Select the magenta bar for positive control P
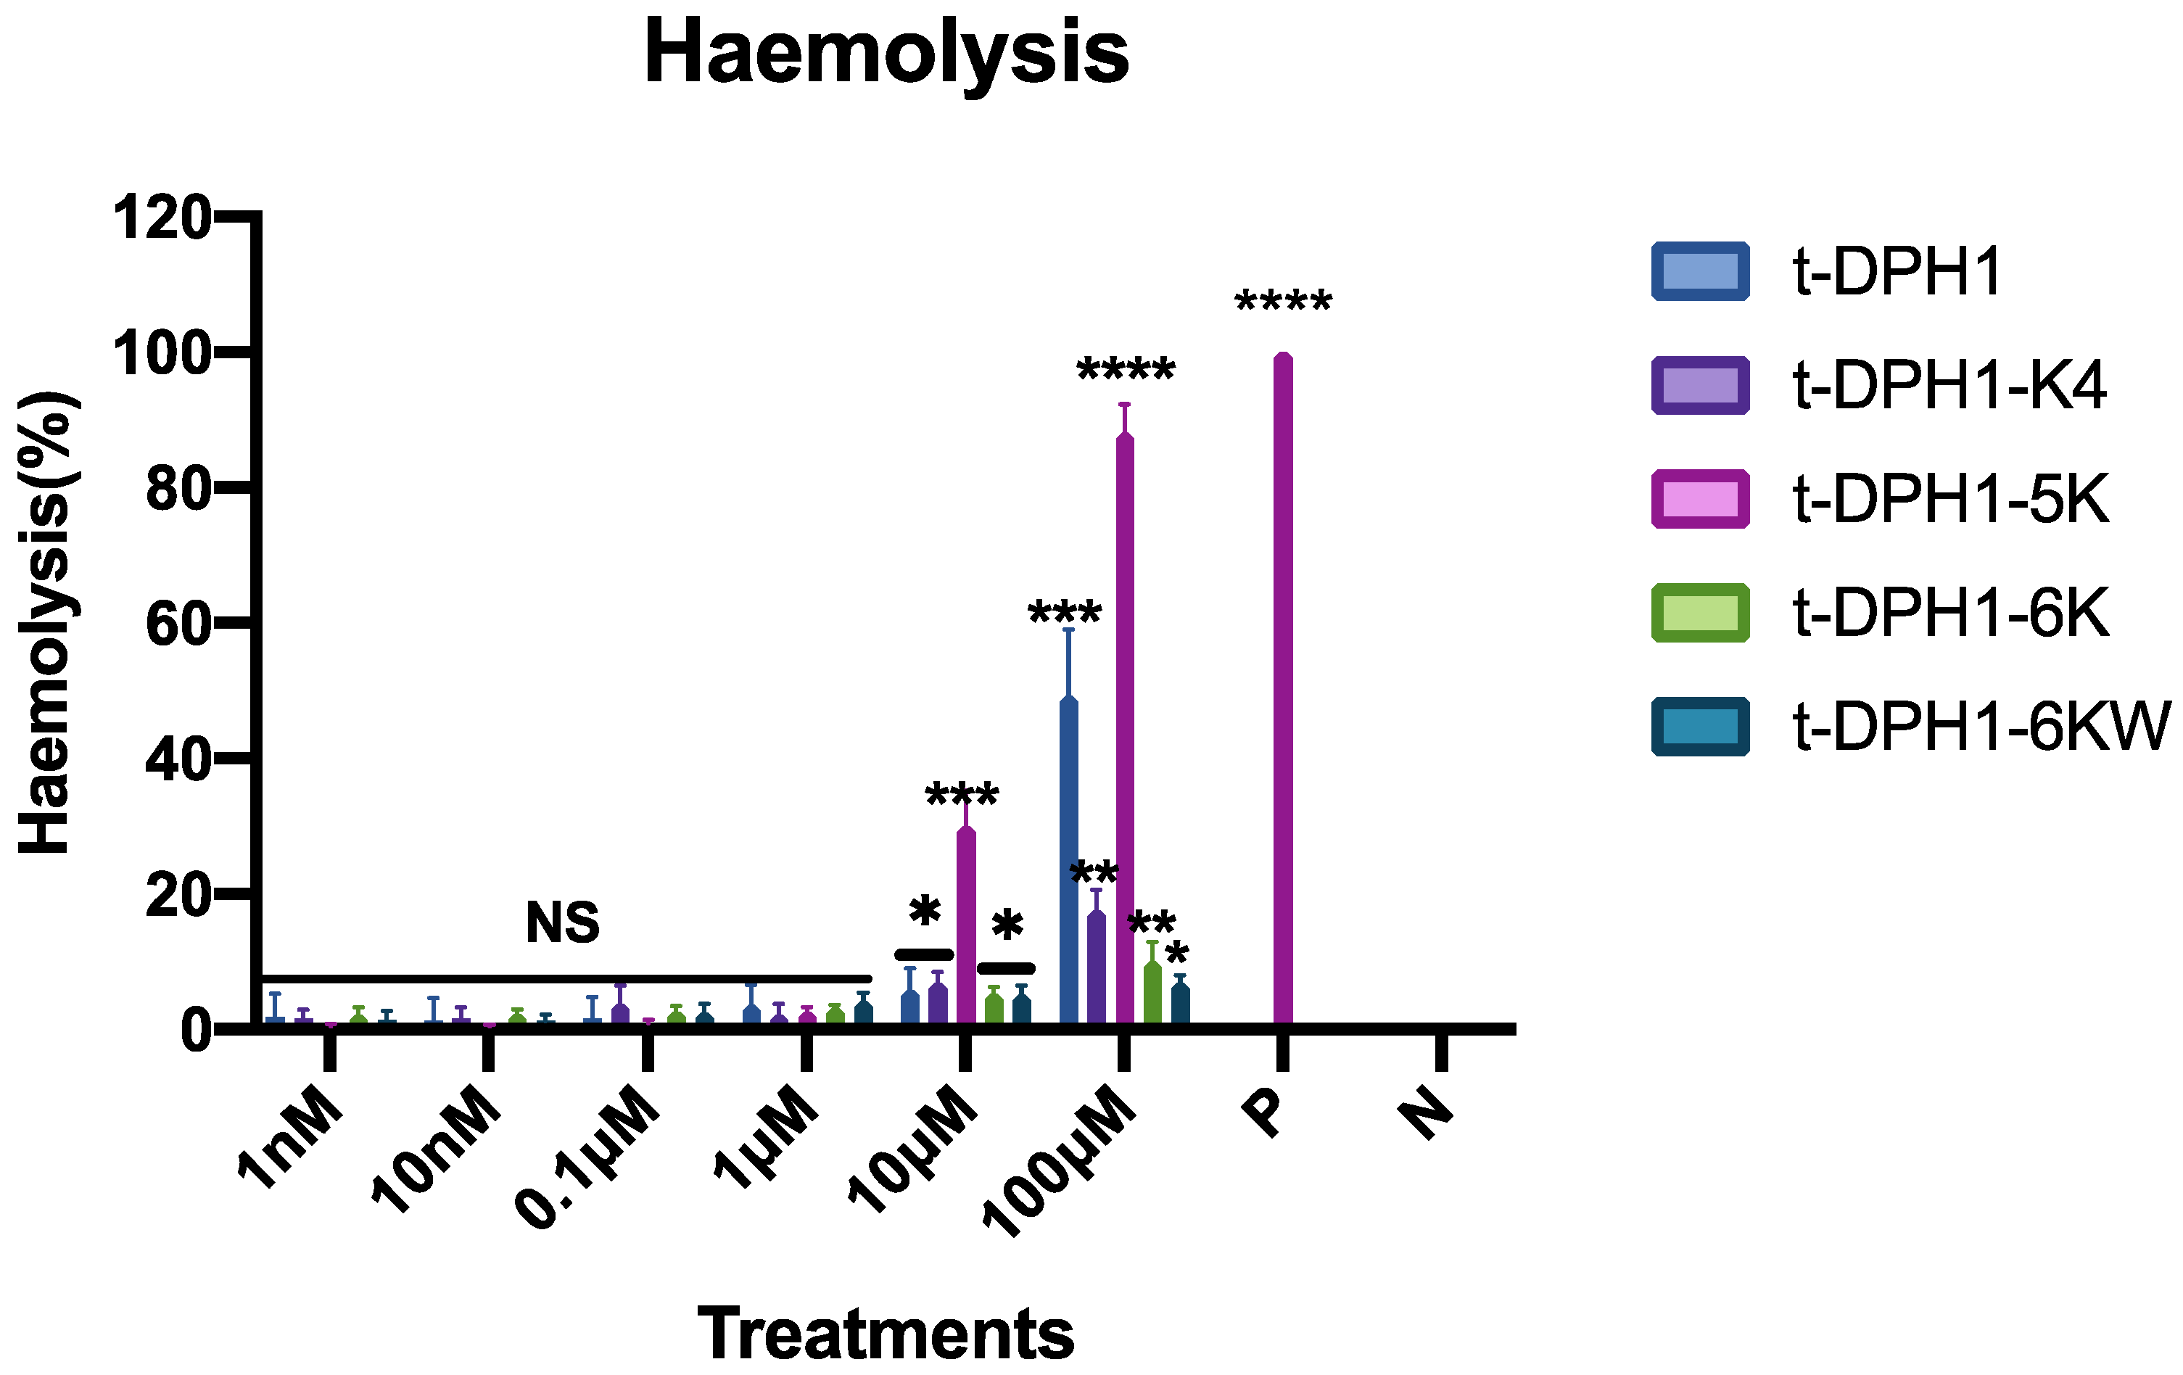click(1282, 689)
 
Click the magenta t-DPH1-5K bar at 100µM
click(1124, 725)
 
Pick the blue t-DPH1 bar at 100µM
click(1069, 861)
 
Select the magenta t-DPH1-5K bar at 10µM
click(966, 925)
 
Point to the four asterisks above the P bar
click(1283, 302)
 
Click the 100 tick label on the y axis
click(160, 353)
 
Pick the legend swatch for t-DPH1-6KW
click(1700, 726)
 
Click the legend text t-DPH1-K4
click(1949, 385)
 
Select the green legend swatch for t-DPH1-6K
click(1700, 613)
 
